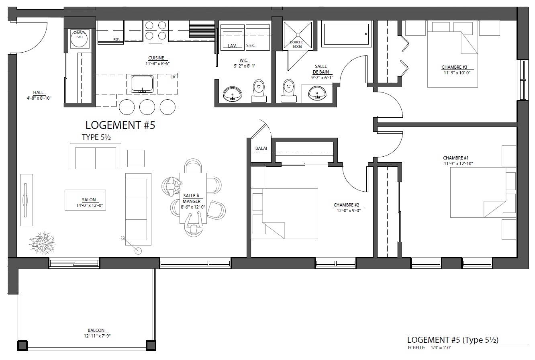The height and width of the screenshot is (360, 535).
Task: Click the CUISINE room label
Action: [156, 58]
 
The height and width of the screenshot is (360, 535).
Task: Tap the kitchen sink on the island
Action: [142, 84]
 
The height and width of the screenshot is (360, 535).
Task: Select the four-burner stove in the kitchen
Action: [156, 31]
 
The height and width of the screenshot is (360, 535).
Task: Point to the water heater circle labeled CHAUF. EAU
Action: [79, 39]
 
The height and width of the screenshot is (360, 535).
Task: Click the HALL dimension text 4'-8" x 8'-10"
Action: [39, 98]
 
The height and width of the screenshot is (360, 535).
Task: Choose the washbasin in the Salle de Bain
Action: [317, 93]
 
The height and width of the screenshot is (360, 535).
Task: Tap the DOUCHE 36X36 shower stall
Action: [298, 35]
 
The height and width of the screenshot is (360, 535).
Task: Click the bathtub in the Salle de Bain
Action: [346, 34]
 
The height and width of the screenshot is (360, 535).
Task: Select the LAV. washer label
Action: [233, 46]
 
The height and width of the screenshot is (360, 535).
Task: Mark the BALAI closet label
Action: [261, 148]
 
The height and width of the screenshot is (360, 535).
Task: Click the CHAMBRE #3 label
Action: [454, 67]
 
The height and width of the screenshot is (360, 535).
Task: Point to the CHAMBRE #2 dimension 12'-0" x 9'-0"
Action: [349, 211]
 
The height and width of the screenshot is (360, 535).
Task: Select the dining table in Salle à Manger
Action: [193, 198]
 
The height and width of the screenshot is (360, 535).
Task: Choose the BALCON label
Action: [96, 330]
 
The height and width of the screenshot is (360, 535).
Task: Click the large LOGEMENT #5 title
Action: [120, 125]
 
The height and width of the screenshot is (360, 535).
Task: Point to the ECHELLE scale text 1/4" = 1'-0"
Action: [441, 348]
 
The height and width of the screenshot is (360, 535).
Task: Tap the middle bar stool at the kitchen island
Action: [147, 107]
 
